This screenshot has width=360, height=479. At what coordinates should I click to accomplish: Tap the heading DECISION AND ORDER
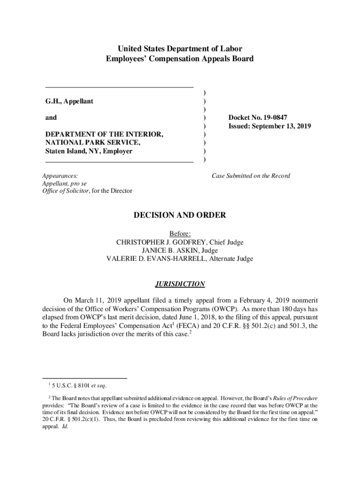coord(180,215)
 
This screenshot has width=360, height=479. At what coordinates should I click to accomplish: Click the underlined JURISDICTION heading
coord(180,284)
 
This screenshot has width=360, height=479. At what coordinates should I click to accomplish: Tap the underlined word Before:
coord(180,234)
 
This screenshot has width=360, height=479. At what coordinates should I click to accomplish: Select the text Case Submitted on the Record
coord(251,176)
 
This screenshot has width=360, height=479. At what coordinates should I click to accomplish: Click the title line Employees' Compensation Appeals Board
coord(180,59)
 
